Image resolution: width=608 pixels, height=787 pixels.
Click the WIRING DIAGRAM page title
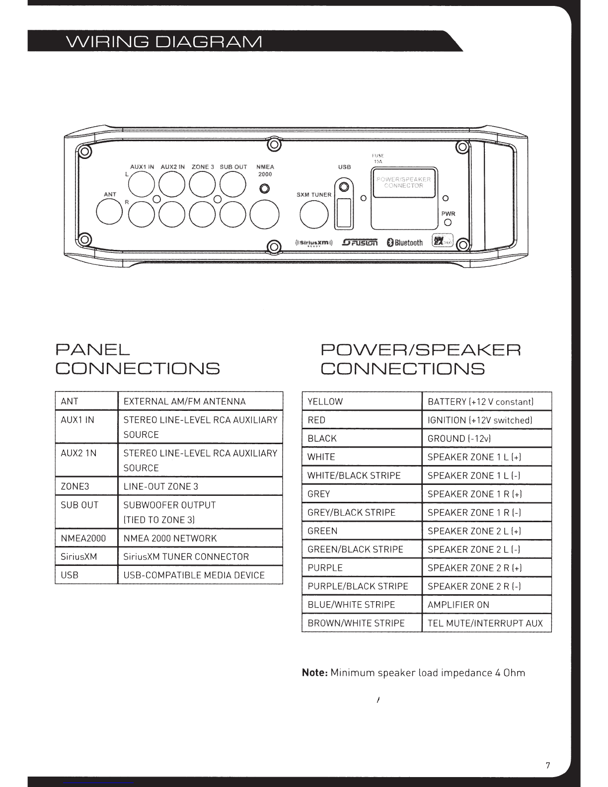[164, 42]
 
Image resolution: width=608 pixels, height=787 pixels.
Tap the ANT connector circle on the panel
[109, 212]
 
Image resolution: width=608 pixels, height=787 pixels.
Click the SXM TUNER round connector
[314, 215]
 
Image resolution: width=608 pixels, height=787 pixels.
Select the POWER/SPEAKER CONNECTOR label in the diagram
[404, 182]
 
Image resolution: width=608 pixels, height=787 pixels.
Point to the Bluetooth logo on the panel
[405, 242]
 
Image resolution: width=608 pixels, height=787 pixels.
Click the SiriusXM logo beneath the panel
[314, 242]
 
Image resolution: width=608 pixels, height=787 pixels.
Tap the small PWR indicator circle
[448, 222]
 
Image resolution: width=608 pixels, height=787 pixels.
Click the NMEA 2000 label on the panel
[265, 170]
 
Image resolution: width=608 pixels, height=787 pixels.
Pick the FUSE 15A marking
[378, 158]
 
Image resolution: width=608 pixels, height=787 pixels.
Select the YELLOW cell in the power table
[362, 401]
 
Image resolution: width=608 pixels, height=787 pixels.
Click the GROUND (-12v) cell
[487, 438]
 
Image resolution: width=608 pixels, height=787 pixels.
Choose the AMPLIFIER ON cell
[487, 605]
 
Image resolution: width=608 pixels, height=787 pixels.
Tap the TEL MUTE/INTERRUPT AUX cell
[487, 623]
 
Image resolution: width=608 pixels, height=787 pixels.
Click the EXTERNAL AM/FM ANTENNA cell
[200, 401]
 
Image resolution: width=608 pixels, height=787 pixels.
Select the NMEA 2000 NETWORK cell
[200, 538]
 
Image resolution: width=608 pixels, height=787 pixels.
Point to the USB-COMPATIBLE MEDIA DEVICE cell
[200, 575]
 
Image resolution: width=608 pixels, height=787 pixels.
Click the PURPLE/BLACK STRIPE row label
[358, 586]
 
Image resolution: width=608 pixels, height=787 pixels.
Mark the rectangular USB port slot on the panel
[344, 213]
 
